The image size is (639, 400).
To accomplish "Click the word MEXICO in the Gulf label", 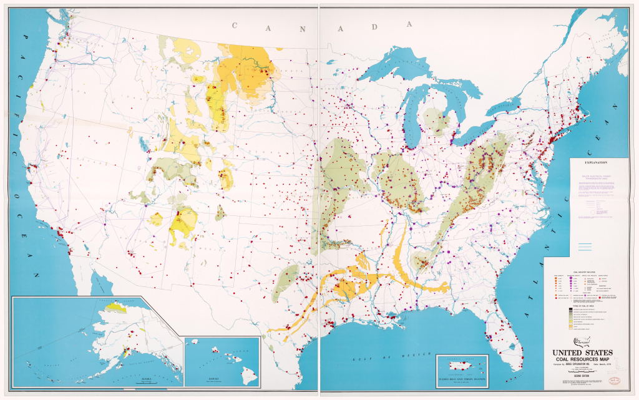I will click(397, 354).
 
